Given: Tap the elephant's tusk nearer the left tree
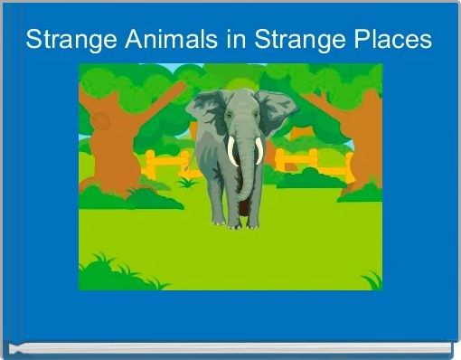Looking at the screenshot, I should [231, 151].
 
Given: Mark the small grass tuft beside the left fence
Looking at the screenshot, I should [187, 181].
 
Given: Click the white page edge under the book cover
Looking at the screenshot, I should [226, 346].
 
